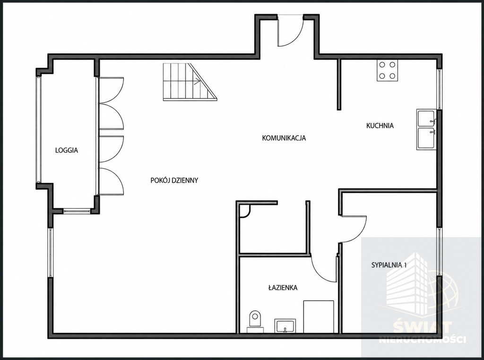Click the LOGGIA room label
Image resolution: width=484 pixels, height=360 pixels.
[x=66, y=151]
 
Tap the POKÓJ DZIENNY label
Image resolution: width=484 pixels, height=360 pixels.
[x=174, y=180]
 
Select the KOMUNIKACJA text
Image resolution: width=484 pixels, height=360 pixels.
[x=284, y=138]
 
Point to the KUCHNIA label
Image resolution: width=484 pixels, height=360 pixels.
[x=380, y=126]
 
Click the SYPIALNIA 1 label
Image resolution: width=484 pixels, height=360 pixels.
[x=389, y=265]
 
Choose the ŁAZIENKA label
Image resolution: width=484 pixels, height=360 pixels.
[x=283, y=288]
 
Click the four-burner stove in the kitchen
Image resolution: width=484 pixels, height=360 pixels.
[x=387, y=70]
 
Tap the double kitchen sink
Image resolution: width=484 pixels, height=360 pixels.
[x=426, y=129]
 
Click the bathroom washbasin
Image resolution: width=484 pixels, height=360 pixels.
[x=285, y=326]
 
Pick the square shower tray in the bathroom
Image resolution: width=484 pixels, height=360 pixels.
[x=319, y=317]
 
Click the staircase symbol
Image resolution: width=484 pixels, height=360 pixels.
[x=190, y=82]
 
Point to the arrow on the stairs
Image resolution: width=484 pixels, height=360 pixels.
[x=196, y=82]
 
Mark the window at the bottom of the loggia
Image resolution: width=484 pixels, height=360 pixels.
[x=77, y=211]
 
